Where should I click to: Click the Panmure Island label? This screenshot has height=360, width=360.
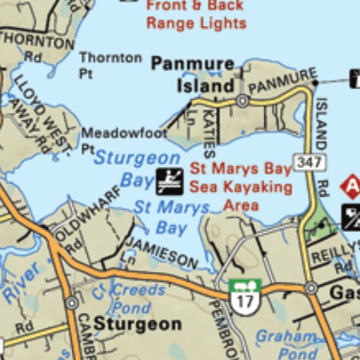[193, 75]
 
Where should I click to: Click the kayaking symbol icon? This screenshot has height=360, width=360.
[169, 181]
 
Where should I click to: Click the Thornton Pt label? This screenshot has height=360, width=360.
[110, 65]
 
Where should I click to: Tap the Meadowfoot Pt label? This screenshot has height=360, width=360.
[123, 139]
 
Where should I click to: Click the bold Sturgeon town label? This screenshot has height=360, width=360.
[138, 325]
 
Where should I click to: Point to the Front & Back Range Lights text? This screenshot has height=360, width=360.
[195, 14]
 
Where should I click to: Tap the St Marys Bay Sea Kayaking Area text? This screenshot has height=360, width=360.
[240, 188]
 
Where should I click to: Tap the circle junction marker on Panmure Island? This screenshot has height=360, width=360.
[243, 101]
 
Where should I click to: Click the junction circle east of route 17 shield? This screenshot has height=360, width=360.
[311, 288]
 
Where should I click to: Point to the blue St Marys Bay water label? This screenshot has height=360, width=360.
[172, 217]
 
